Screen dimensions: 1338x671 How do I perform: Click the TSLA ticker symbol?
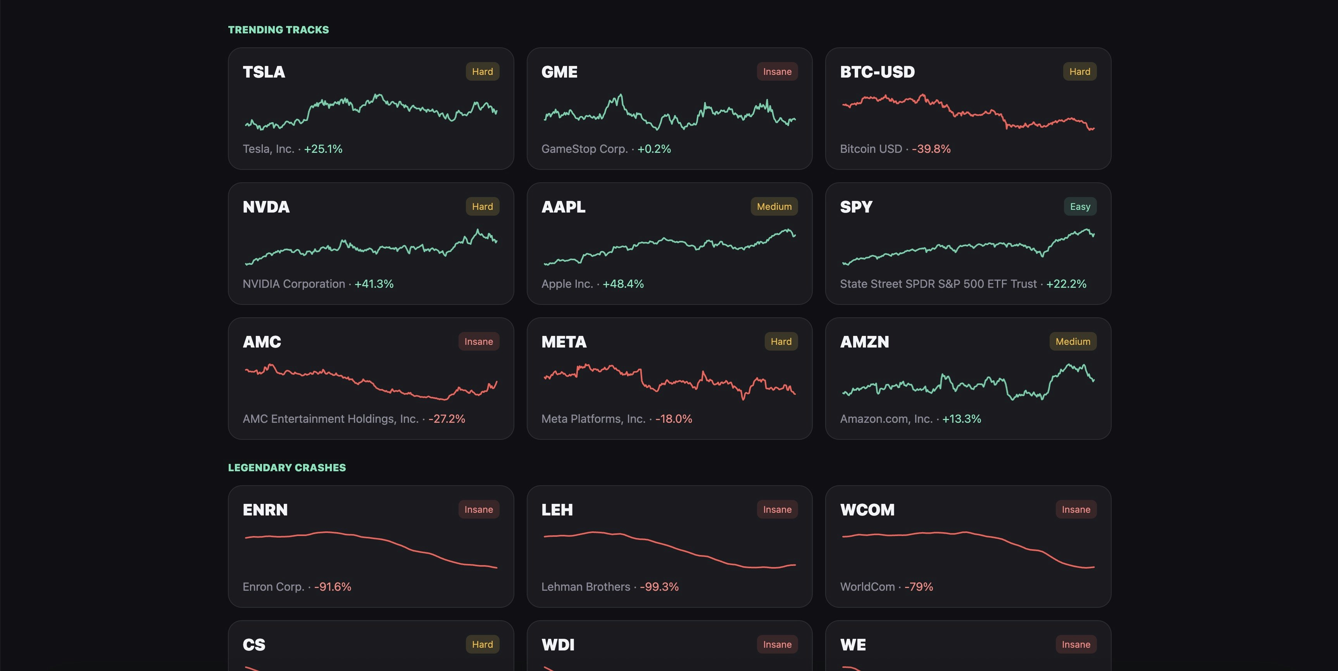[x=264, y=72]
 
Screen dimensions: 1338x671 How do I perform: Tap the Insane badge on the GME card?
[x=777, y=72]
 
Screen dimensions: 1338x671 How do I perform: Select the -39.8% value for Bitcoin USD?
[x=931, y=149]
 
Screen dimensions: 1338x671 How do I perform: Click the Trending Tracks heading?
[x=278, y=29]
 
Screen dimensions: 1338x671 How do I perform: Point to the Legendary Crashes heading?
[x=287, y=468]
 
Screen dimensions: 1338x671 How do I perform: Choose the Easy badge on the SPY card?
[x=1080, y=207]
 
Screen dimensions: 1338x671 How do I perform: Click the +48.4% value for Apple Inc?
[x=623, y=284]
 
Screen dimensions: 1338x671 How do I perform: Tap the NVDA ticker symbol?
[x=266, y=207]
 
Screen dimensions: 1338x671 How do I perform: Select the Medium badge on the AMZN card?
[x=1072, y=341]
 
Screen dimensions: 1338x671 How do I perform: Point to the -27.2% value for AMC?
[x=447, y=419]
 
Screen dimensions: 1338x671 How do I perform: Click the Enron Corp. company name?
[x=273, y=587]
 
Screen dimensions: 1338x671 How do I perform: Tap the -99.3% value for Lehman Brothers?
[x=659, y=587]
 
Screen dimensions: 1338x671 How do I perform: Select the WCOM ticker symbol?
[x=867, y=510]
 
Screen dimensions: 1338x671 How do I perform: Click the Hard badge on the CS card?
[x=482, y=645]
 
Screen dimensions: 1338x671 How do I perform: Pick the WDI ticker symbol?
[x=558, y=645]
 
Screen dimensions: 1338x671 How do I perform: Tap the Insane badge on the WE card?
[x=1076, y=645]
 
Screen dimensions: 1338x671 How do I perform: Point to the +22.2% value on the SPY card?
[x=1066, y=284]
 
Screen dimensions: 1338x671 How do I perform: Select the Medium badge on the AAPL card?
[x=774, y=207]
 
